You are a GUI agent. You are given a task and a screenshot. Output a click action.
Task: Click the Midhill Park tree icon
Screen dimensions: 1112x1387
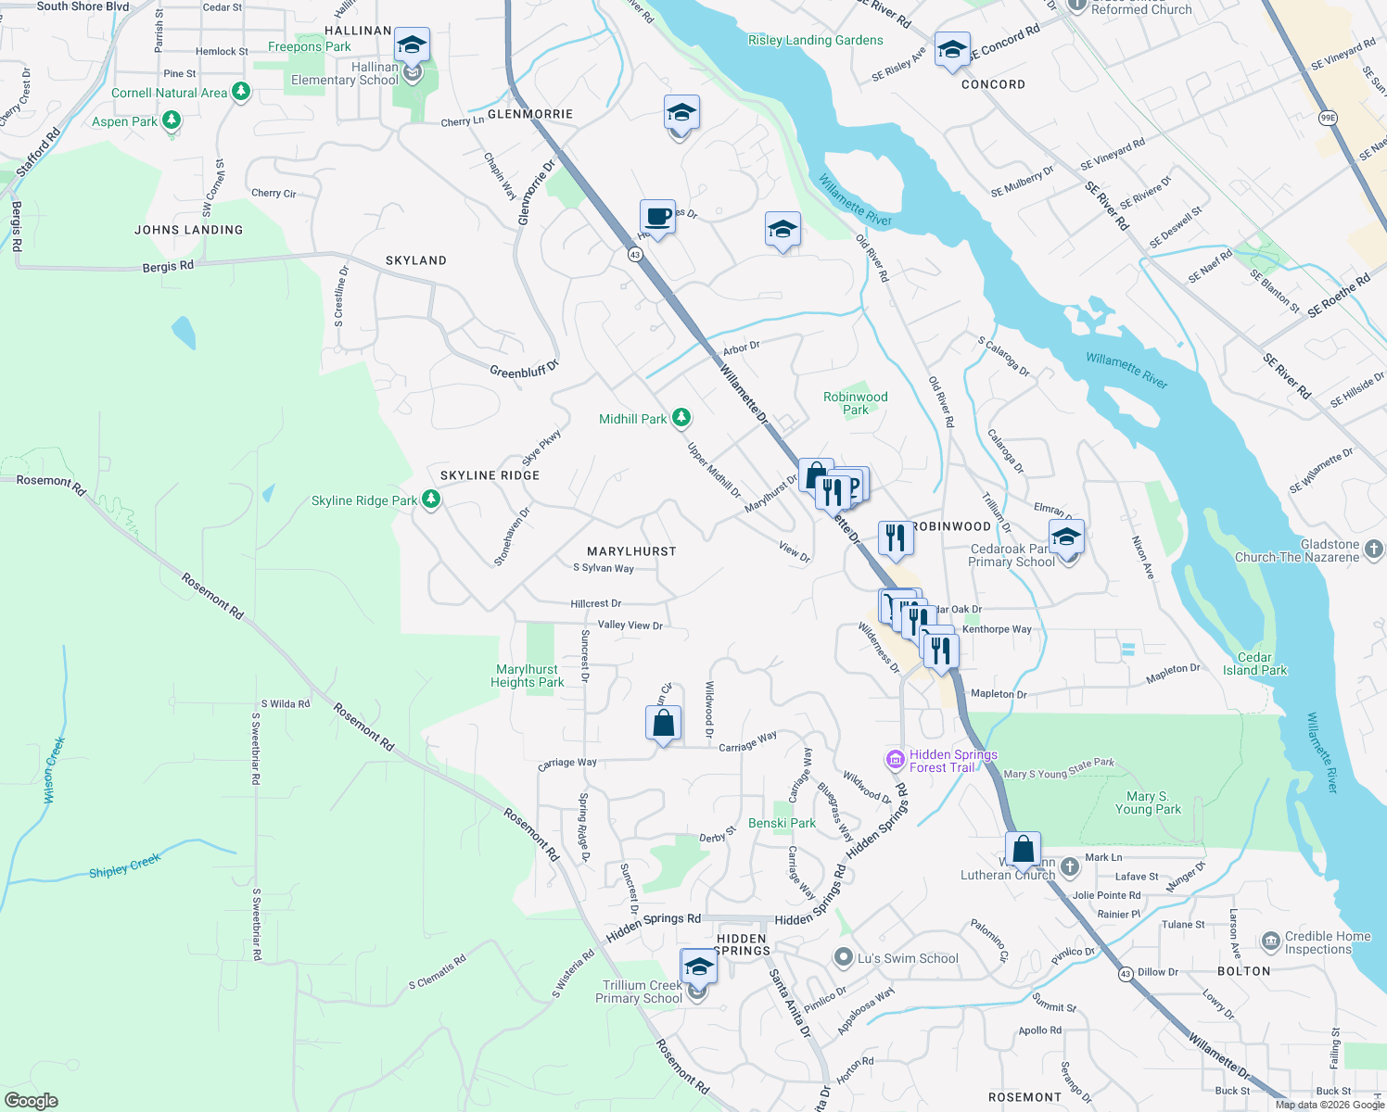pos(681,418)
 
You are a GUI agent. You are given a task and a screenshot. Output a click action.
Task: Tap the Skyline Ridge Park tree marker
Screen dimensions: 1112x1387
pos(430,499)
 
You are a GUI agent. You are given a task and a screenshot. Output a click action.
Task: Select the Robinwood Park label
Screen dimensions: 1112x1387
pos(855,403)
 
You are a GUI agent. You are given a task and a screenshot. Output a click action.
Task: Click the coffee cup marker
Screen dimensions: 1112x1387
pos(657,218)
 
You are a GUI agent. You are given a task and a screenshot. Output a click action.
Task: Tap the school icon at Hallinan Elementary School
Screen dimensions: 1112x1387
pos(412,44)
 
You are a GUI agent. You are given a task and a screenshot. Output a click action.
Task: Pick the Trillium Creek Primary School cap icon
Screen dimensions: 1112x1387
pos(698,967)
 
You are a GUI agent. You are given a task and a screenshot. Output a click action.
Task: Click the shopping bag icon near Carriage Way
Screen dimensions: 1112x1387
pos(663,723)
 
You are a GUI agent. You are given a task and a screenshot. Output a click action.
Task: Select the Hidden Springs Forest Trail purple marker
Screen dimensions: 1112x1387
pos(895,761)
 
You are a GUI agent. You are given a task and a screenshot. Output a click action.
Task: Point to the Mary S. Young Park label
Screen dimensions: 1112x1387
pos(1147,802)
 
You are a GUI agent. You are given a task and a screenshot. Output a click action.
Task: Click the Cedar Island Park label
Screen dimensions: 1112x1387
pos(1254,663)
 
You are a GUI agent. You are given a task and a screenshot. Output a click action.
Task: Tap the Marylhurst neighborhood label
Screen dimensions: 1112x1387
pos(631,551)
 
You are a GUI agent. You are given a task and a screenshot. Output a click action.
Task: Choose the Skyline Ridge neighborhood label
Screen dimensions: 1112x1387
pos(490,475)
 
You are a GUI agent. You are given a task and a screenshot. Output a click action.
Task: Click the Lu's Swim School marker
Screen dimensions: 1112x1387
pos(843,958)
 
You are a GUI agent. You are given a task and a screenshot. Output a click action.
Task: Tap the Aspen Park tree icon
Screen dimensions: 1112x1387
pos(171,120)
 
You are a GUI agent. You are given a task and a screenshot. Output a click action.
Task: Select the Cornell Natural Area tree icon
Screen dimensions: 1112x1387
pos(241,92)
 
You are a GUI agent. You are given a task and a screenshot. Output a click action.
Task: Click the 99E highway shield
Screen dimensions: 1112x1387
pos(1328,118)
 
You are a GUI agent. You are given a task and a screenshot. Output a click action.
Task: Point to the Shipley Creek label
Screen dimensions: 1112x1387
pos(125,867)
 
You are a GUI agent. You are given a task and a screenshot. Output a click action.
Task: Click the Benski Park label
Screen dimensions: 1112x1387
pos(782,823)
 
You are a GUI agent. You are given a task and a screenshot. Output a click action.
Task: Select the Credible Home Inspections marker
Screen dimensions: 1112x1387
pos(1270,942)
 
